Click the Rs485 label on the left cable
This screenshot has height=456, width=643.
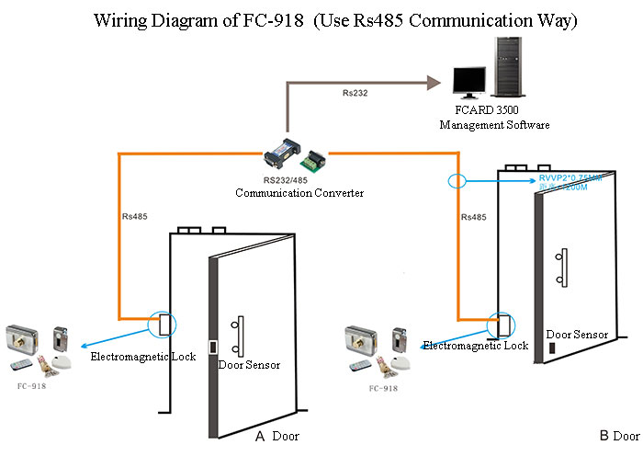134,217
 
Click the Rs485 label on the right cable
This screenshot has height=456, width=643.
472,217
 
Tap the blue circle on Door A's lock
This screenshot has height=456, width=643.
164,323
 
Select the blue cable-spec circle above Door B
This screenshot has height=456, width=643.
457,180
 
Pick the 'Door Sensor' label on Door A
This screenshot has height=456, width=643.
249,365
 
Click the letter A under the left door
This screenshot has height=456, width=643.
260,437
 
